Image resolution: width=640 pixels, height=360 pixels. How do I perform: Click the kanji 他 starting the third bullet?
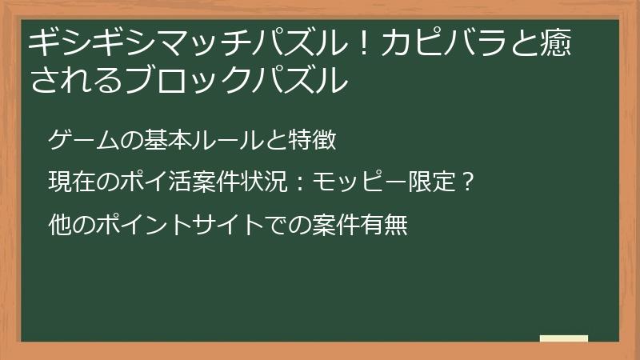point(59,225)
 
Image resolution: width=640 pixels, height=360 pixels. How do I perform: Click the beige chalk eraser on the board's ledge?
point(563,338)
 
